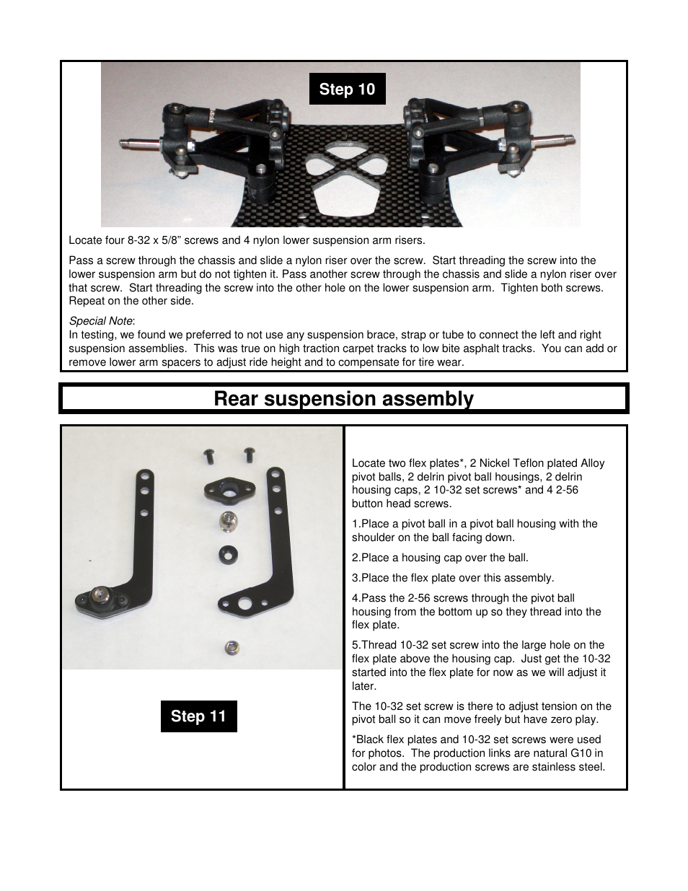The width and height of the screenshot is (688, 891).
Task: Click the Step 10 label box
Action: point(347,89)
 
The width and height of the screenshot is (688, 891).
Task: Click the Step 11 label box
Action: point(198,716)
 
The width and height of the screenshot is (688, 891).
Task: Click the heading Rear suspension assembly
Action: point(343,399)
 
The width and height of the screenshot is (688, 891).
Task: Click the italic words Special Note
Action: point(101,321)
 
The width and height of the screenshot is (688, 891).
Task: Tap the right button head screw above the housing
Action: point(249,455)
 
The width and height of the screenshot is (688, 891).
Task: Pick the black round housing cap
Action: point(229,554)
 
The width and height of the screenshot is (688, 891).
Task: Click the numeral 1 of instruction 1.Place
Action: point(355,524)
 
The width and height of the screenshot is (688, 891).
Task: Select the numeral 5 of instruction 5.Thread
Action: point(355,645)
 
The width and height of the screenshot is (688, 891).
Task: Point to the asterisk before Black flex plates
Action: point(354,739)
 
